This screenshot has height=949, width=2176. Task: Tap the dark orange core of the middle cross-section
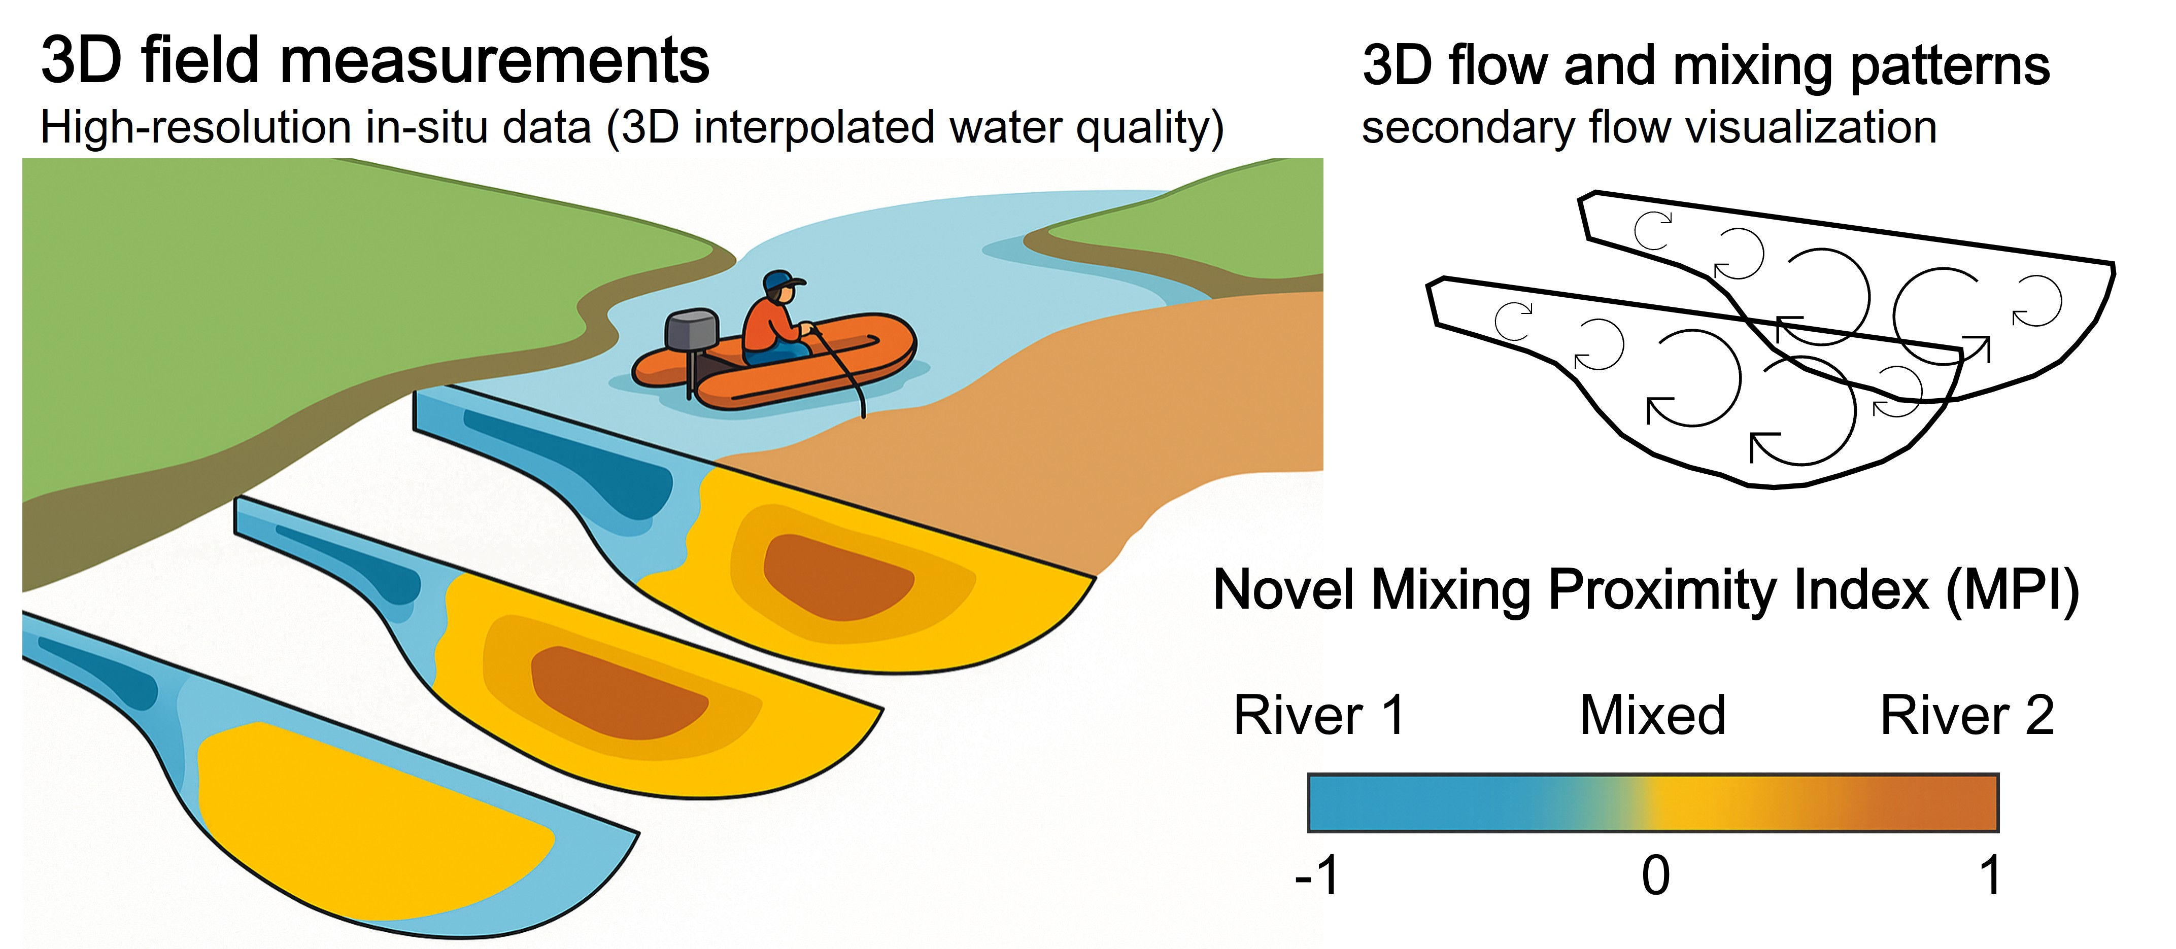[x=617, y=688]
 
